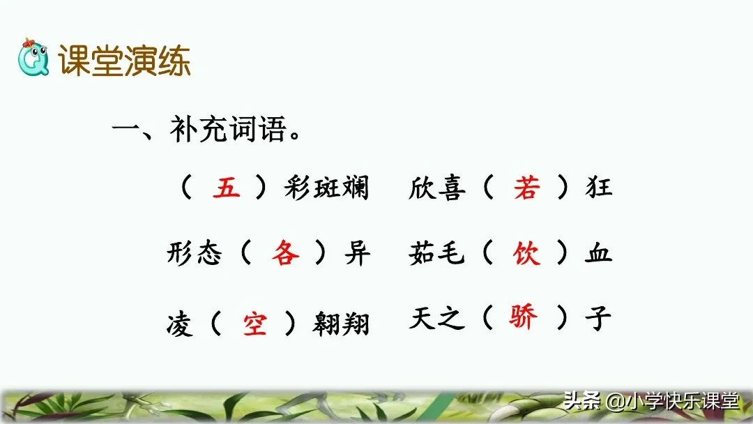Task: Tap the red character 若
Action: [526, 188]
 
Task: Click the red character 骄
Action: [523, 318]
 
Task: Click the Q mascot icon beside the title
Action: [33, 59]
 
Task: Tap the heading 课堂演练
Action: [125, 61]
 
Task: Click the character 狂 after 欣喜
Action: [598, 188]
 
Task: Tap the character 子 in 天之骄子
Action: [598, 319]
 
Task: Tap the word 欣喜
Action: [436, 188]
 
